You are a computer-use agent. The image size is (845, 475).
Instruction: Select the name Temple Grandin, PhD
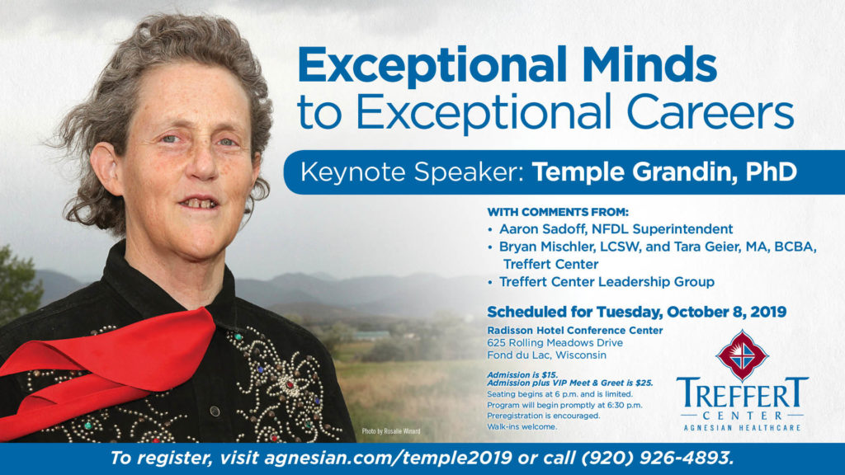pos(664,172)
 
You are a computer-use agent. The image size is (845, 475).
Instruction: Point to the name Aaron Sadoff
pos(542,229)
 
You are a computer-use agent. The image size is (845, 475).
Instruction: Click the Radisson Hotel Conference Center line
pos(574,330)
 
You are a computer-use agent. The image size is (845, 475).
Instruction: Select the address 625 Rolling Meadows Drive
pos(555,343)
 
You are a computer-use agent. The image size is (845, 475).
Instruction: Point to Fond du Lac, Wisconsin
pos(546,355)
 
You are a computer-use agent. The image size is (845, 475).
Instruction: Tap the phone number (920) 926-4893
pos(657,459)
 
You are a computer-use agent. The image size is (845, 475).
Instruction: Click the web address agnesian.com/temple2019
pos(388,459)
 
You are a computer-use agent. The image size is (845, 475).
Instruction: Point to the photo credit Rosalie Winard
pos(390,431)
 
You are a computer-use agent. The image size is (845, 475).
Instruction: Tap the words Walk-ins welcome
pos(522,426)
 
